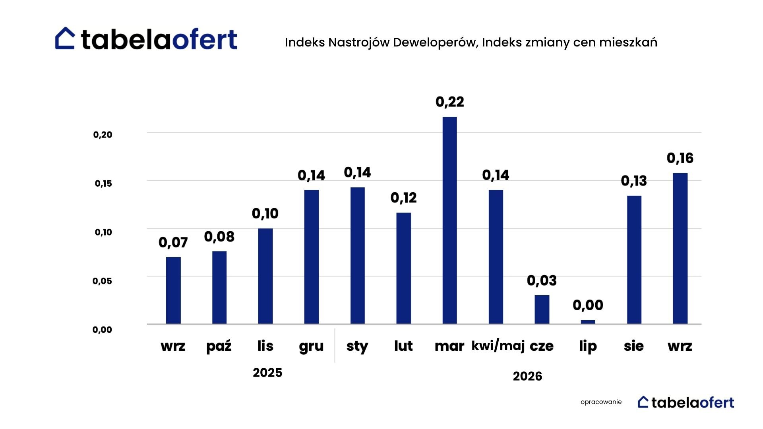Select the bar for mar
pyautogui.click(x=449, y=220)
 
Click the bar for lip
pyautogui.click(x=588, y=322)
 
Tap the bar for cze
pyautogui.click(x=542, y=309)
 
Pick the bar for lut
pyautogui.click(x=403, y=269)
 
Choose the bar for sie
pyautogui.click(x=634, y=260)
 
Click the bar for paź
pyautogui.click(x=219, y=288)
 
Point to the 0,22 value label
pyautogui.click(x=449, y=102)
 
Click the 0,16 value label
pyautogui.click(x=680, y=158)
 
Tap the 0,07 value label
pyautogui.click(x=173, y=242)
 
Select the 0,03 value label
pyautogui.click(x=542, y=281)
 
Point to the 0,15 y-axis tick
pyautogui.click(x=103, y=184)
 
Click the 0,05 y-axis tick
pyautogui.click(x=102, y=281)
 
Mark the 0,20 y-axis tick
pyautogui.click(x=103, y=135)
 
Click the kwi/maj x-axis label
pyautogui.click(x=498, y=346)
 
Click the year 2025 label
pyautogui.click(x=267, y=373)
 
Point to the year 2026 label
pyautogui.click(x=527, y=376)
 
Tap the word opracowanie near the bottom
pyautogui.click(x=601, y=402)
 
